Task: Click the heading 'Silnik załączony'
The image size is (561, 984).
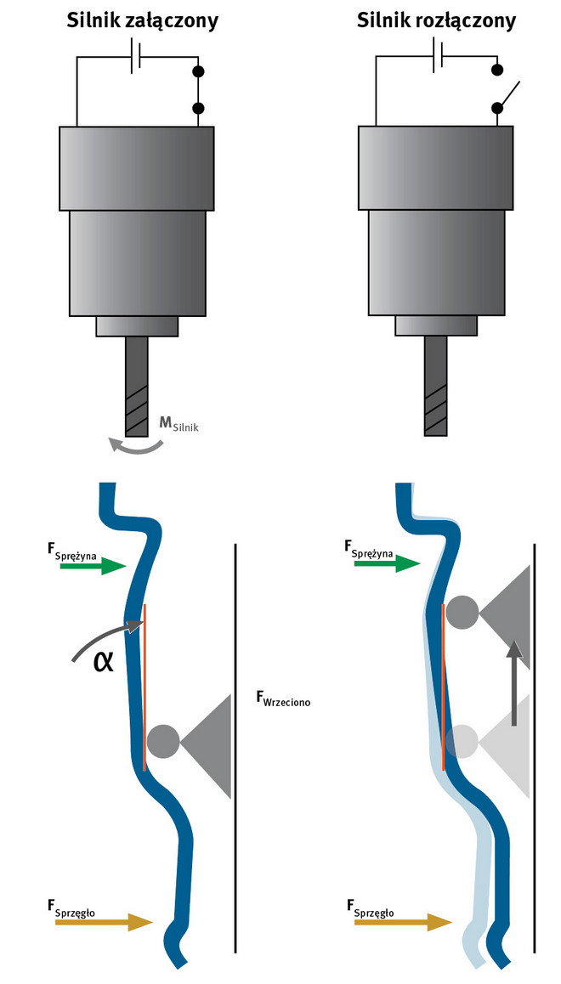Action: pyautogui.click(x=142, y=20)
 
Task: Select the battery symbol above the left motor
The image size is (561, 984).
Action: pyautogui.click(x=135, y=58)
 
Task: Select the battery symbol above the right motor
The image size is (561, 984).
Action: pyautogui.click(x=438, y=58)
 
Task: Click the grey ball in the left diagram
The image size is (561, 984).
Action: pyautogui.click(x=162, y=740)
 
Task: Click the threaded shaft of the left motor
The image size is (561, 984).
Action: pyautogui.click(x=136, y=387)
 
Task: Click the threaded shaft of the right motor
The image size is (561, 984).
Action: pyautogui.click(x=435, y=387)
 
